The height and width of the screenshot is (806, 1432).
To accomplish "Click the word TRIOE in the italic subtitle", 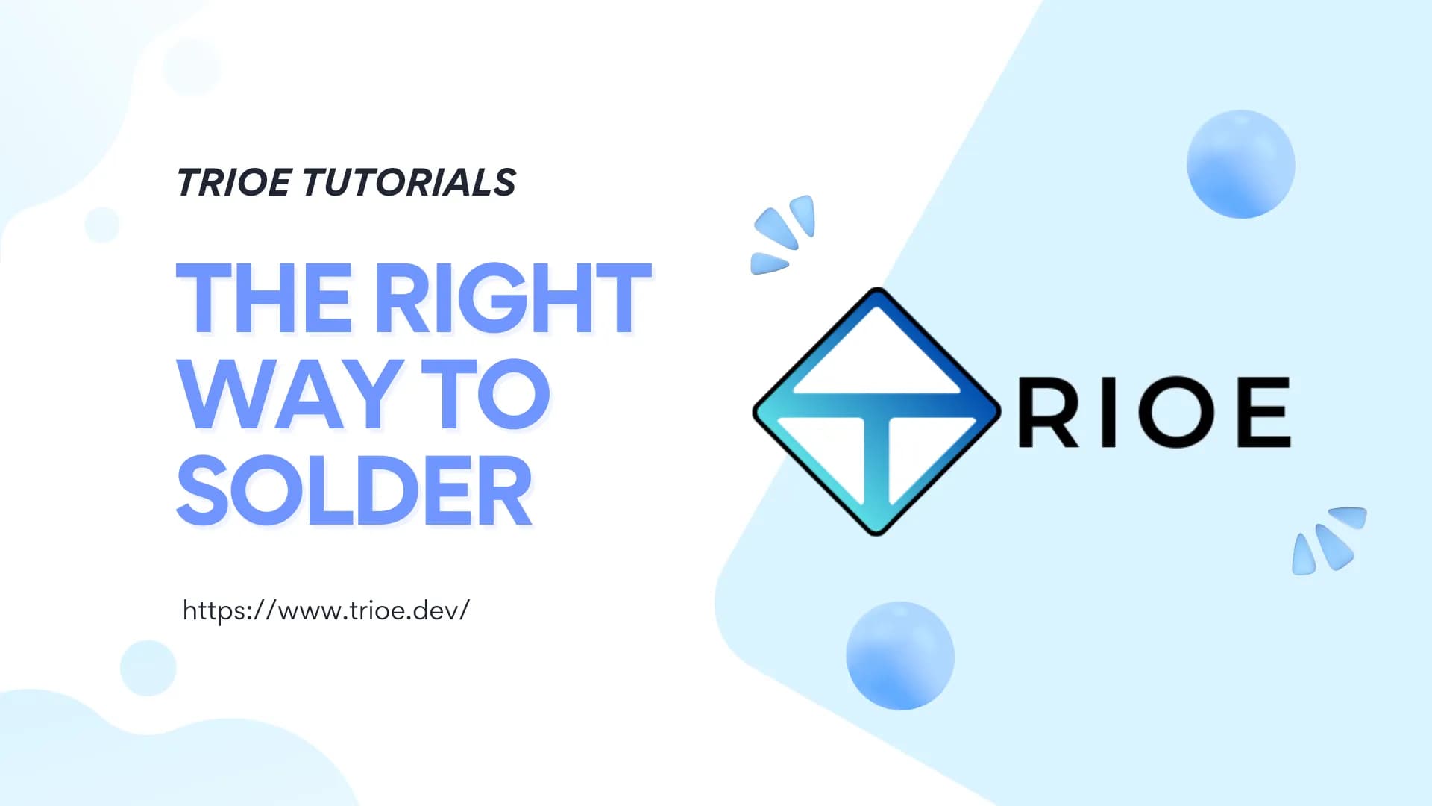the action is pos(233,182).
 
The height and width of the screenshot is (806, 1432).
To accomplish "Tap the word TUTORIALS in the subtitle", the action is pos(409,182).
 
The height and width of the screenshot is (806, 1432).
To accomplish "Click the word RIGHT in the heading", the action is pos(513,298).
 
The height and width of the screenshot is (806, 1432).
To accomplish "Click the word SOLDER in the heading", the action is pos(354,490).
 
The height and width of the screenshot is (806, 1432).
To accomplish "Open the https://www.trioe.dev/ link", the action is pos(326,610).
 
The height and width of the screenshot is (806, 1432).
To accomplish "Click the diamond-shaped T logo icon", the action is pos(876,411).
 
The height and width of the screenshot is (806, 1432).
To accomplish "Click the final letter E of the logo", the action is pos(1264,412).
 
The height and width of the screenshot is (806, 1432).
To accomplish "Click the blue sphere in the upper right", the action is pos(1241,164).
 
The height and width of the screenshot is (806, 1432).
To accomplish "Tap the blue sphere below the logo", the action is pos(900,655).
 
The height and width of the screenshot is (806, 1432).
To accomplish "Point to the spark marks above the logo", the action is pos(782,234).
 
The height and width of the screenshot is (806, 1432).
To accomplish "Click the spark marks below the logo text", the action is pos(1329,541).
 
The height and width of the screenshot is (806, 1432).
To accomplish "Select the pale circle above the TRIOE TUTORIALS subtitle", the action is pos(191,67).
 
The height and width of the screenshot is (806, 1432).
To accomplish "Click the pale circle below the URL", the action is pos(148,668).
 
